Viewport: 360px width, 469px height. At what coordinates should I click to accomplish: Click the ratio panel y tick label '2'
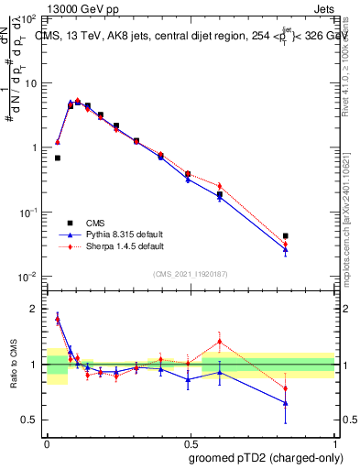point(33,309)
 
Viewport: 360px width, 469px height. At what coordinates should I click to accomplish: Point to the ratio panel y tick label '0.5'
point(28,420)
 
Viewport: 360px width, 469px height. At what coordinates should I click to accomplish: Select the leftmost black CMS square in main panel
point(58,158)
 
